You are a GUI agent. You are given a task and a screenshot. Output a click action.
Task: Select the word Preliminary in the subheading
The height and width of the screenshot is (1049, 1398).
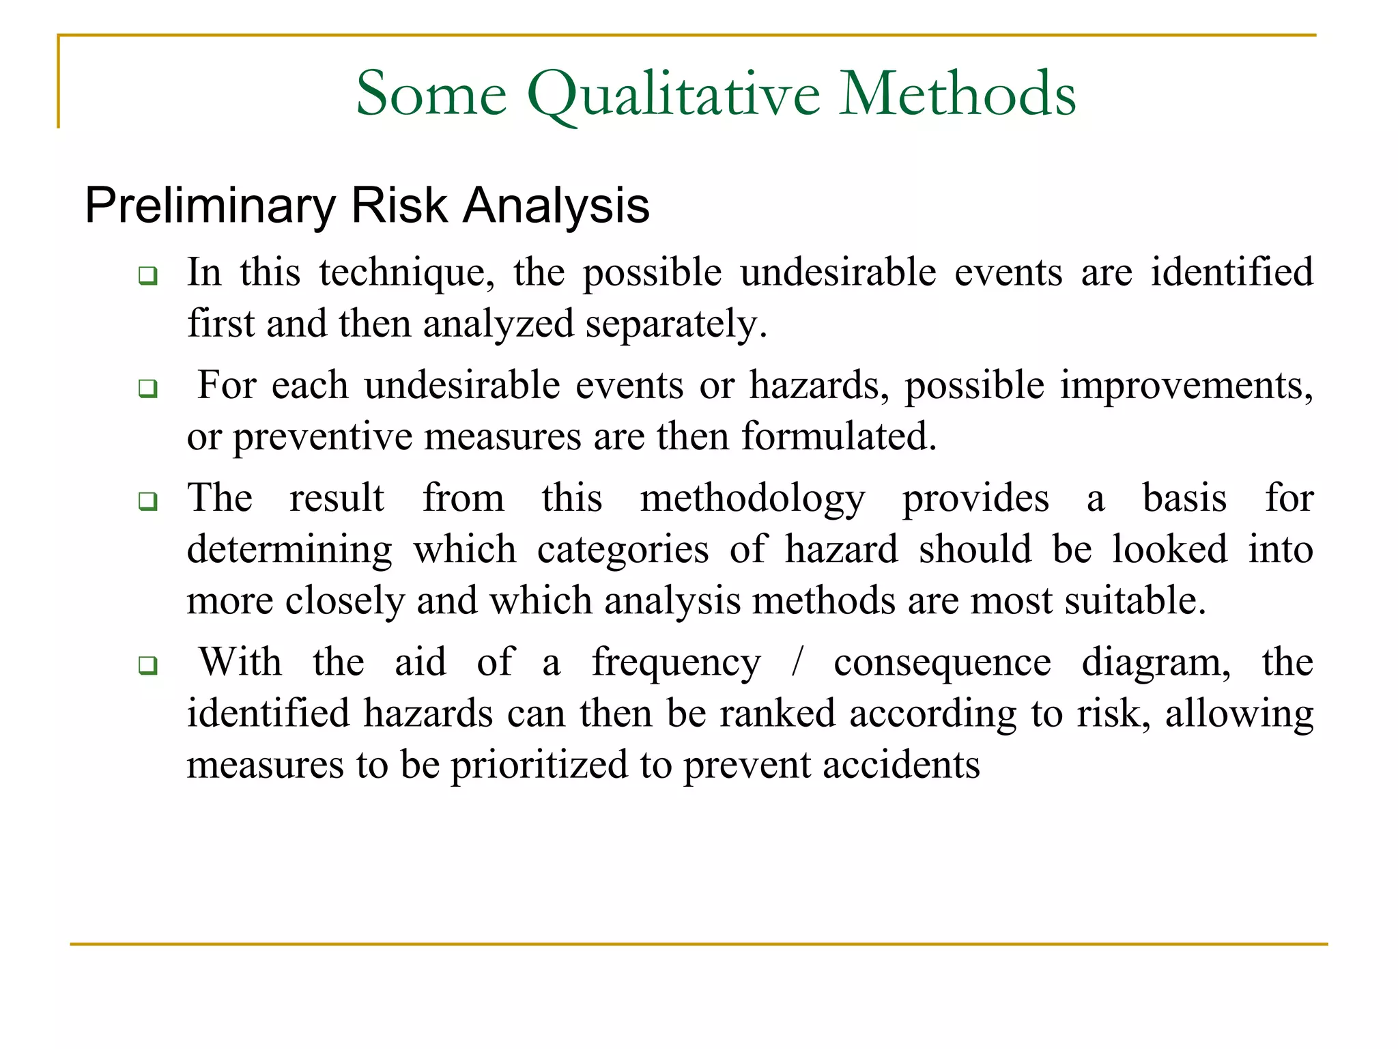point(210,206)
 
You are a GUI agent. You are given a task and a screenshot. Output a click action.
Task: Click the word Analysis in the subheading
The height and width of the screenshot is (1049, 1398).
point(556,206)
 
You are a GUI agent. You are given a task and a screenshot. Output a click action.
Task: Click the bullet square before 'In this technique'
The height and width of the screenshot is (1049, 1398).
point(147,276)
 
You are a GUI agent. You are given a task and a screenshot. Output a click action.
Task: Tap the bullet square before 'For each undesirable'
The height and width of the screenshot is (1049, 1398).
point(147,389)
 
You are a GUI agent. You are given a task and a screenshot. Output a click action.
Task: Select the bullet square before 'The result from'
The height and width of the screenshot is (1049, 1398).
point(147,501)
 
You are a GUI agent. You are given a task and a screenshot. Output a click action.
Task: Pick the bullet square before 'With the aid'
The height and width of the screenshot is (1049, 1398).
point(147,665)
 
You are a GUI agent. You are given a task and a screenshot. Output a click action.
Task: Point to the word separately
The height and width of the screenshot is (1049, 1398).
point(676,324)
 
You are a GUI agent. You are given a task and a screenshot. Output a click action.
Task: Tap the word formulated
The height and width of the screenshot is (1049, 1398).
point(839,437)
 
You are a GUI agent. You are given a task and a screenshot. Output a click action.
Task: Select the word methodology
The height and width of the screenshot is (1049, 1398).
point(752,499)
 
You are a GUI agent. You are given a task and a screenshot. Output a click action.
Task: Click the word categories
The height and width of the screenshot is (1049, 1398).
point(623,550)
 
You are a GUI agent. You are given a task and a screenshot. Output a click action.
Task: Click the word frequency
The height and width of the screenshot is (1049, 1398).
point(676,663)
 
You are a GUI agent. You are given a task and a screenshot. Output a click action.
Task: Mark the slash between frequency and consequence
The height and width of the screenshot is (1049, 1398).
point(797,662)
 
